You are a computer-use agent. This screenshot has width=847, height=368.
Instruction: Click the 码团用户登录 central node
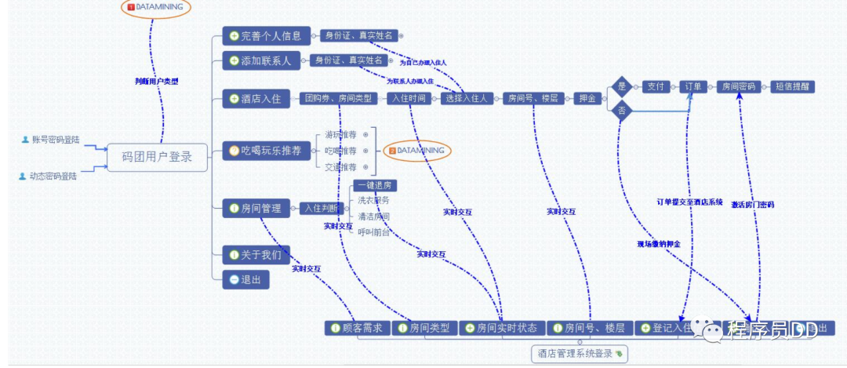coord(157,157)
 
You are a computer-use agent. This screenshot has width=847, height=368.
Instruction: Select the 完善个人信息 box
coord(264,35)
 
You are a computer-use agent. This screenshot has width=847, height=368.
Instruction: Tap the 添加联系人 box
coord(258,60)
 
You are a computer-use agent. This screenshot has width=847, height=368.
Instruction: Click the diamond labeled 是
coord(623,86)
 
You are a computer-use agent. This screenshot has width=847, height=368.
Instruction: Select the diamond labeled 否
coord(623,111)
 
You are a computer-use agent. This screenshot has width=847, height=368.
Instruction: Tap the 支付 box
coord(655,86)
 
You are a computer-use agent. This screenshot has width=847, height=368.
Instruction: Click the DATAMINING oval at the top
coord(156,7)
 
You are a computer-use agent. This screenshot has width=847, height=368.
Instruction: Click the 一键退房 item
coord(374,186)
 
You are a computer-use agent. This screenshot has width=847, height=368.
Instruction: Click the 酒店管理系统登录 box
coord(579,354)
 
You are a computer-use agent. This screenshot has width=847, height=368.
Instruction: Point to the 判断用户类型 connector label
coord(156,81)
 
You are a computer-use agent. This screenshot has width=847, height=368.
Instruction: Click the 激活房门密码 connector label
coord(752,204)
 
